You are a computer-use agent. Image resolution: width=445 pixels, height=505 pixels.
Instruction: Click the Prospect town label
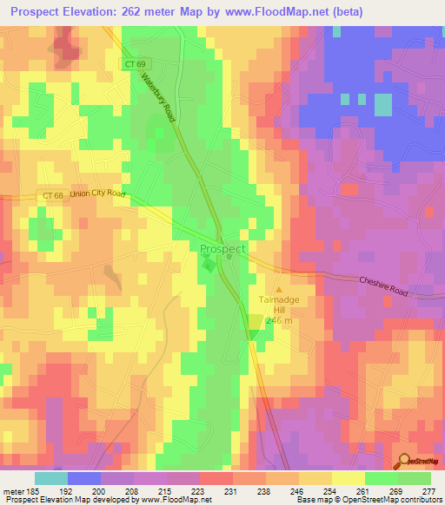click(x=222, y=249)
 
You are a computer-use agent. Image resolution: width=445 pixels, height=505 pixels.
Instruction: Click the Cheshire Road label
click(x=383, y=287)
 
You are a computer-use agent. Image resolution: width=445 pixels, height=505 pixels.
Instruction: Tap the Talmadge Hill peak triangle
click(x=279, y=291)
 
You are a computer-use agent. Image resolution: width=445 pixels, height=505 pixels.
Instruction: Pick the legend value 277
click(x=428, y=491)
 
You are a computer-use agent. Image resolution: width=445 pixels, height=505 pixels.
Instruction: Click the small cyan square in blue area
click(x=383, y=103)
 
